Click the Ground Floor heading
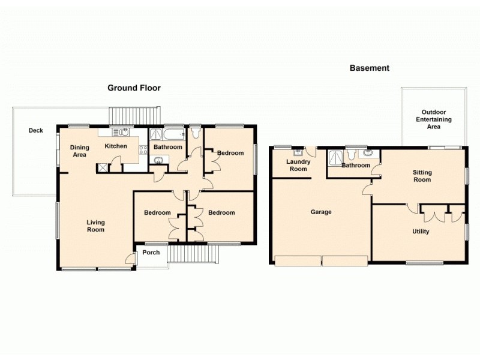pyautogui.click(x=134, y=88)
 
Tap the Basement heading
pyautogui.click(x=369, y=68)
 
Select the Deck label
pyautogui.click(x=35, y=130)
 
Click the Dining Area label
pyautogui.click(x=79, y=151)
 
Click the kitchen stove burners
pyautogui.click(x=143, y=151)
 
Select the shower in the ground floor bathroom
pyautogui.click(x=156, y=134)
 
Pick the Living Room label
pyautogui.click(x=95, y=226)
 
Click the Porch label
pyautogui.click(x=151, y=252)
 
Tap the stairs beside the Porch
pyautogui.click(x=191, y=255)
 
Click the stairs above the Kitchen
pyautogui.click(x=134, y=115)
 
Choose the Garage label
pyautogui.click(x=320, y=212)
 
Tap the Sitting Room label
pyautogui.click(x=422, y=176)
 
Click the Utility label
pyautogui.click(x=420, y=232)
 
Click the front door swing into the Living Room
pyautogui.click(x=129, y=259)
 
